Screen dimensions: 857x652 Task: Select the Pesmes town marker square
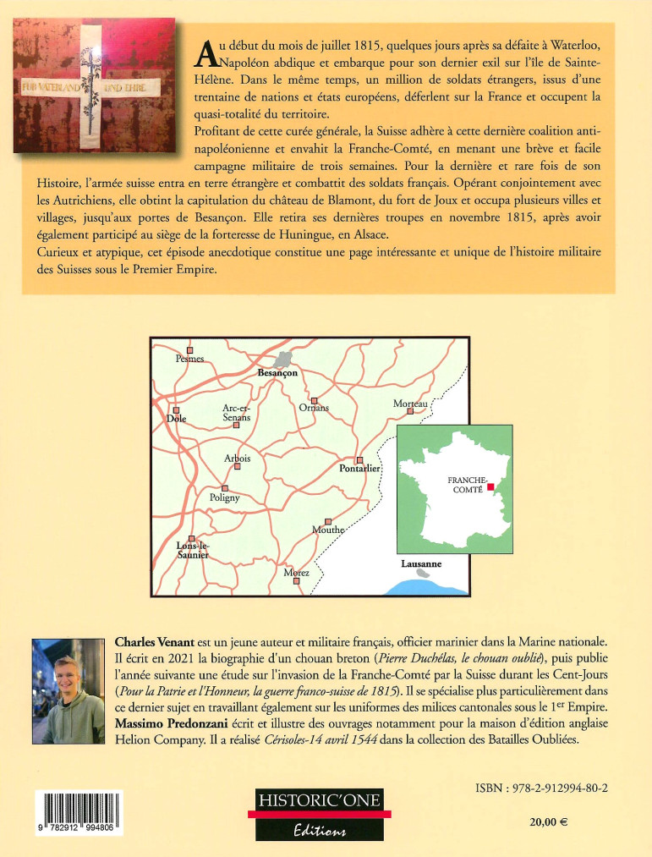point(189,349)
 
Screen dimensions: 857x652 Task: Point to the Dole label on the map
point(176,418)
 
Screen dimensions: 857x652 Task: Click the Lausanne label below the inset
point(421,563)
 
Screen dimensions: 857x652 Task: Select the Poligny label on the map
point(225,498)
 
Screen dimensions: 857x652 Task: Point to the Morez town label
point(296,573)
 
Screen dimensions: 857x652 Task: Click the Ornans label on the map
point(314,409)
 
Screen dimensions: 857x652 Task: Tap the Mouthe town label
point(328,530)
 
